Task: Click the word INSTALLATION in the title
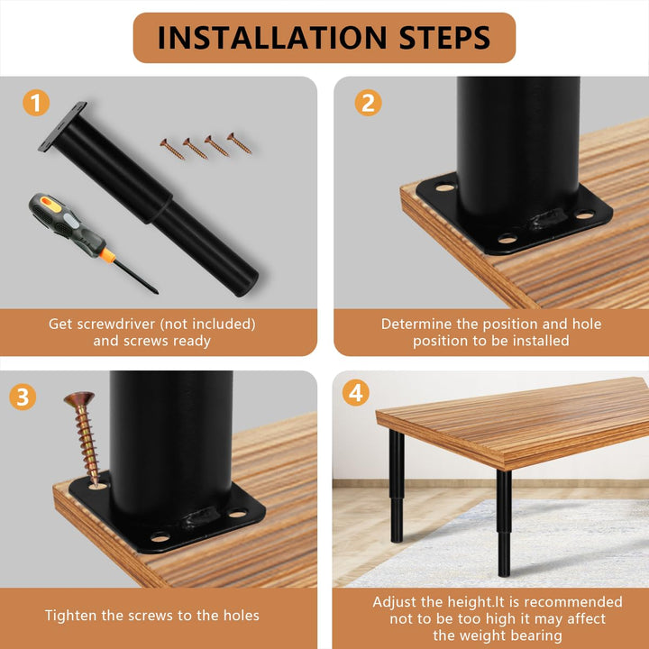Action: click(272, 38)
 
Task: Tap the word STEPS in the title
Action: click(444, 38)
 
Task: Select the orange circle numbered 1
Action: click(36, 103)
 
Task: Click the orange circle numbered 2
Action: click(368, 103)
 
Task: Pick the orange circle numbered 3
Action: click(23, 397)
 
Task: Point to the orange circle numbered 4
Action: click(355, 392)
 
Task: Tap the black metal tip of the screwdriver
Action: click(136, 278)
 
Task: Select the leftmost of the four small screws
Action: click(172, 149)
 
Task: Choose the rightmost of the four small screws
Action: click(239, 143)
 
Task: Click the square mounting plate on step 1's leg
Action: click(63, 126)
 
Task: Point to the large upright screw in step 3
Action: click(84, 439)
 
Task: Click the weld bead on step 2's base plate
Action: click(546, 218)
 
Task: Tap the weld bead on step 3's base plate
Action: click(199, 517)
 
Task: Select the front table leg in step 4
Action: click(504, 523)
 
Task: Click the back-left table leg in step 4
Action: click(397, 486)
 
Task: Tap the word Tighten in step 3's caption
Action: click(71, 616)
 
